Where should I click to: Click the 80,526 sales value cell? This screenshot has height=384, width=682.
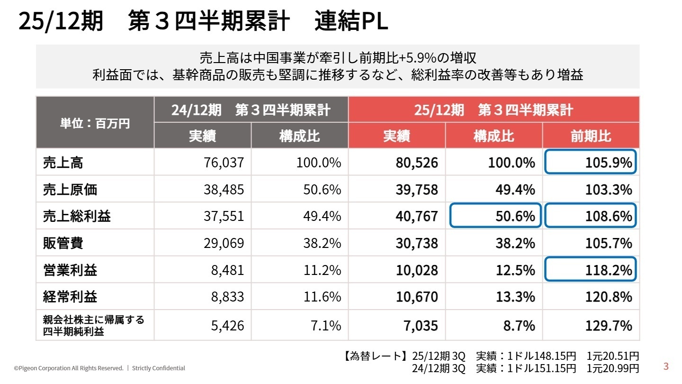pos(417,163)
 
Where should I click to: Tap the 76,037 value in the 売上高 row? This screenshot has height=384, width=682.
pos(224,163)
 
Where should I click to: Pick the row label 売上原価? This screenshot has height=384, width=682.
pos(70,190)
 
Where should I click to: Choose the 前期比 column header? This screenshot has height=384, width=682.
pos(591,137)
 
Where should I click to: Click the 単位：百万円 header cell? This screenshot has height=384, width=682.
pos(95,123)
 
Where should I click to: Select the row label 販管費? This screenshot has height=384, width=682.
pos(63,243)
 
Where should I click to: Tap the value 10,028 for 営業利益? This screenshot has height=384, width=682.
pos(417,270)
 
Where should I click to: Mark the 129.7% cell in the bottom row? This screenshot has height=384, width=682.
pos(608,326)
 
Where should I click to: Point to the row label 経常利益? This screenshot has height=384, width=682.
pos(70,297)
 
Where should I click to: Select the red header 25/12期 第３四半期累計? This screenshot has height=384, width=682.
pos(494,110)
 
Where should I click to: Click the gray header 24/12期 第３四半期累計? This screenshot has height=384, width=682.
pos(251,110)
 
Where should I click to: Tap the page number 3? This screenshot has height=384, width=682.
pos(666,366)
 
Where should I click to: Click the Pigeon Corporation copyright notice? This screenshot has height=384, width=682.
pos(69,368)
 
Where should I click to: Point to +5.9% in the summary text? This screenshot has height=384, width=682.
pos(417,58)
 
